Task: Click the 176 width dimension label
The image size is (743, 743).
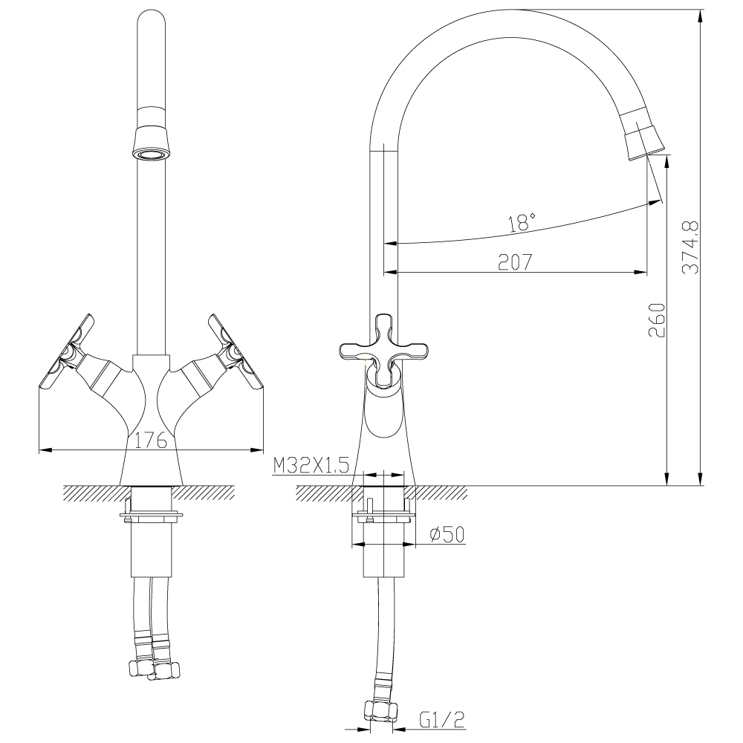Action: tap(150, 440)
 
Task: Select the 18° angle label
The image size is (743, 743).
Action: tap(522, 221)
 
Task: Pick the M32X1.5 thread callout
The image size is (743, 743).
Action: tap(311, 466)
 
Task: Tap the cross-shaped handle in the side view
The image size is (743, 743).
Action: tap(384, 349)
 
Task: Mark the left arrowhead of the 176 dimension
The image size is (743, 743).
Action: tap(42, 450)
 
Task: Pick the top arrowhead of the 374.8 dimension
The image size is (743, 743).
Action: tap(700, 13)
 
